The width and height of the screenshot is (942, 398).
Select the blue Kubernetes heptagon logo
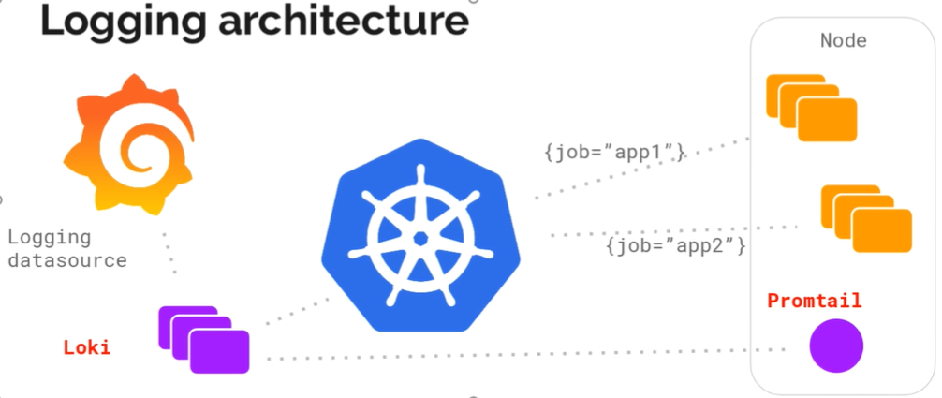pyautogui.click(x=420, y=234)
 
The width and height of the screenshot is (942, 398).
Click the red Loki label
pyautogui.click(x=86, y=348)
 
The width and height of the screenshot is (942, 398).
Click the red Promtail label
pyautogui.click(x=814, y=302)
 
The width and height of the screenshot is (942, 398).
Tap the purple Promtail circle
pyautogui.click(x=835, y=346)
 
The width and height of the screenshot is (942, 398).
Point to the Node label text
pyautogui.click(x=843, y=41)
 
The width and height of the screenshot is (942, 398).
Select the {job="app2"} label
pyautogui.click(x=675, y=246)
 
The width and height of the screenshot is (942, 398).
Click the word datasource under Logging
pyautogui.click(x=66, y=260)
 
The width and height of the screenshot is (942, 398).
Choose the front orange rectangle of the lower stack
pyautogui.click(x=881, y=229)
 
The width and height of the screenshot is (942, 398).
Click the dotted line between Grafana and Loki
pyautogui.click(x=169, y=252)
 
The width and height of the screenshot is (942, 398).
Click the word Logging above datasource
pyautogui.click(x=49, y=237)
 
